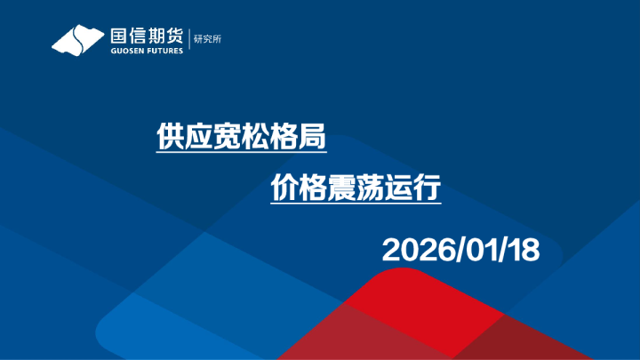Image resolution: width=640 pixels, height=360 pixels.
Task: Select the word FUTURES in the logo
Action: coord(164,52)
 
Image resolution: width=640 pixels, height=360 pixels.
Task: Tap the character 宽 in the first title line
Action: coord(224,137)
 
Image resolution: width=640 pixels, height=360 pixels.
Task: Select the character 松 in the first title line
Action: coord(252,137)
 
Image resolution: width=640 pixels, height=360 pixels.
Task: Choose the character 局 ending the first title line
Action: coord(309,137)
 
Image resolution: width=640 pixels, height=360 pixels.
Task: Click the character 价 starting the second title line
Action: coord(284,189)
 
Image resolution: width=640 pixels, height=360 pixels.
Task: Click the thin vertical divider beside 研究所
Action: coord(189,40)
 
